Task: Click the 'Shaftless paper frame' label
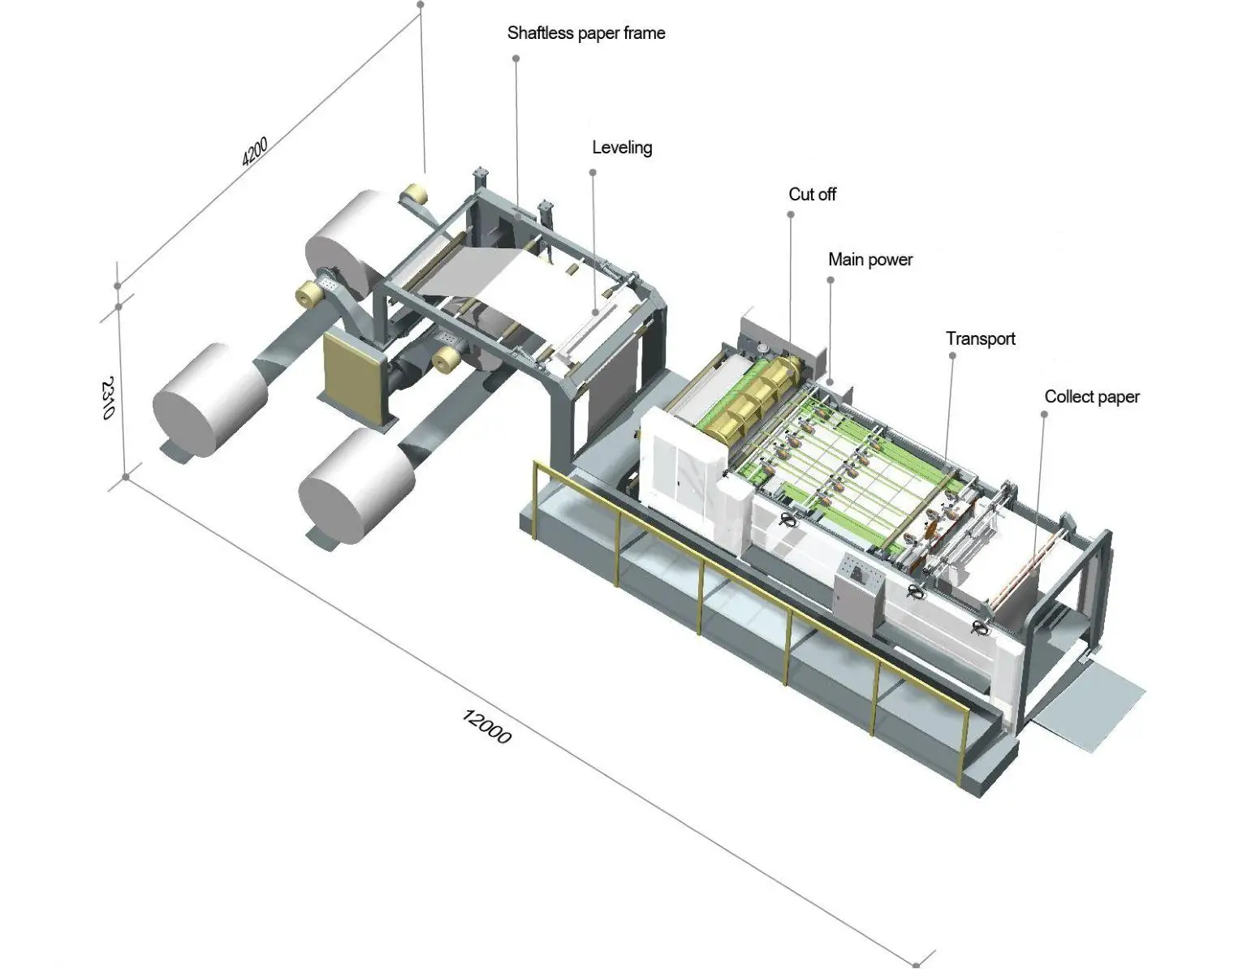point(586,33)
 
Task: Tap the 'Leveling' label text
point(622,148)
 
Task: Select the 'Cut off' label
point(812,195)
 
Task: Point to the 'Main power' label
point(870,260)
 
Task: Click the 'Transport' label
point(980,339)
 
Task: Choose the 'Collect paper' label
point(1091,397)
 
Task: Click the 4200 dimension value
point(254,152)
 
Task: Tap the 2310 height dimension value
point(109,398)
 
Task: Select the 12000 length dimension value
point(486,726)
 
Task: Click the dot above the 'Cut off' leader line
point(791,214)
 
